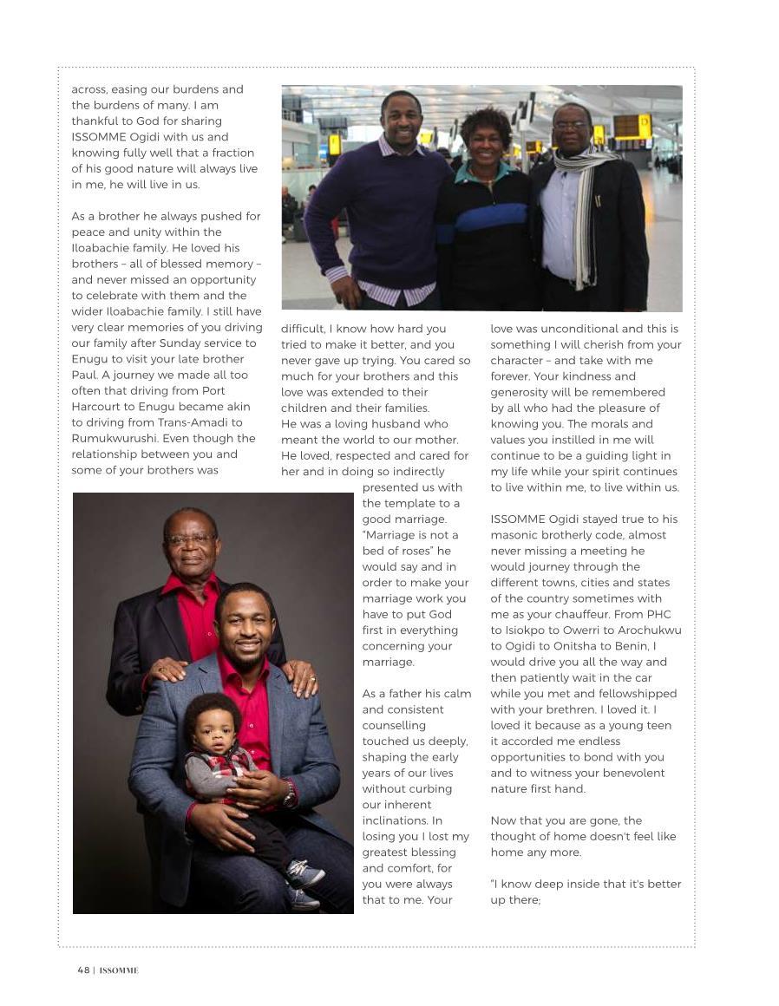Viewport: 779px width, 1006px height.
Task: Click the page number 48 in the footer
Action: click(83, 970)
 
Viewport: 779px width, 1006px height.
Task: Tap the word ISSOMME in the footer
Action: click(119, 970)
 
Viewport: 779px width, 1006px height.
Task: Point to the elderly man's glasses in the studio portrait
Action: click(190, 539)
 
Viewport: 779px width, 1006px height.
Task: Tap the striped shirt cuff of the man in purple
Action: click(336, 274)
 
